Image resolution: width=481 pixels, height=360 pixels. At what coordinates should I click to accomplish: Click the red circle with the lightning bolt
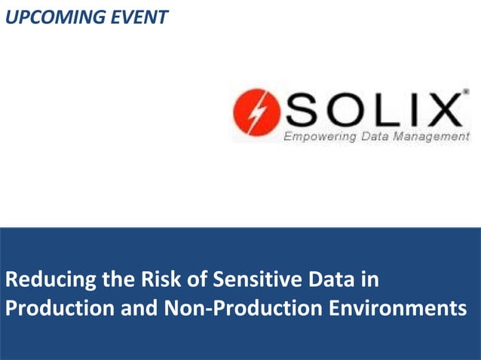(256, 114)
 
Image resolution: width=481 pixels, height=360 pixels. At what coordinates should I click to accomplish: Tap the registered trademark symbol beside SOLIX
(465, 93)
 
